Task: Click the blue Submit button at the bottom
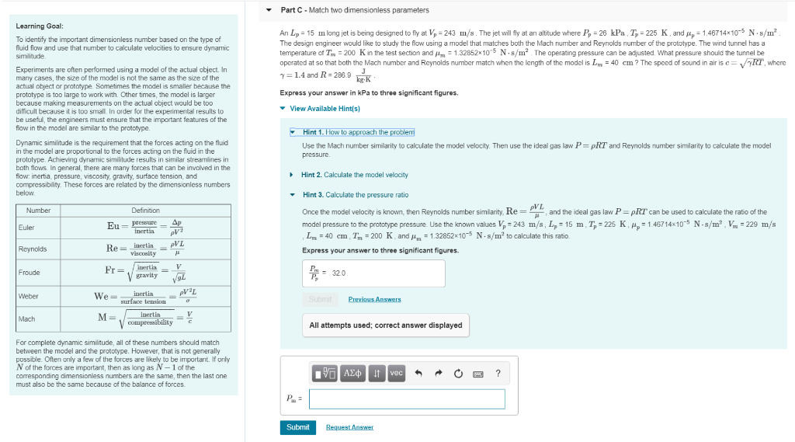[x=297, y=427]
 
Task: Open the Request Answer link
[x=349, y=427]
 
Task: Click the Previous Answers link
[x=374, y=299]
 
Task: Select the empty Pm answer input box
[x=407, y=399]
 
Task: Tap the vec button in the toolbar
[x=396, y=374]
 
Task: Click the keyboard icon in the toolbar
[x=478, y=374]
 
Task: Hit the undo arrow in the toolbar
[x=419, y=374]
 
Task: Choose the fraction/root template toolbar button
[x=325, y=374]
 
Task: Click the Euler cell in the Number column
[x=26, y=228]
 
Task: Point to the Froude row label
[x=30, y=273]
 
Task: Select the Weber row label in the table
[x=28, y=296]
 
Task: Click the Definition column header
[x=145, y=211]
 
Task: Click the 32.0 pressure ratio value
[x=338, y=273]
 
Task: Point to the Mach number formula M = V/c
[x=145, y=318]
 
